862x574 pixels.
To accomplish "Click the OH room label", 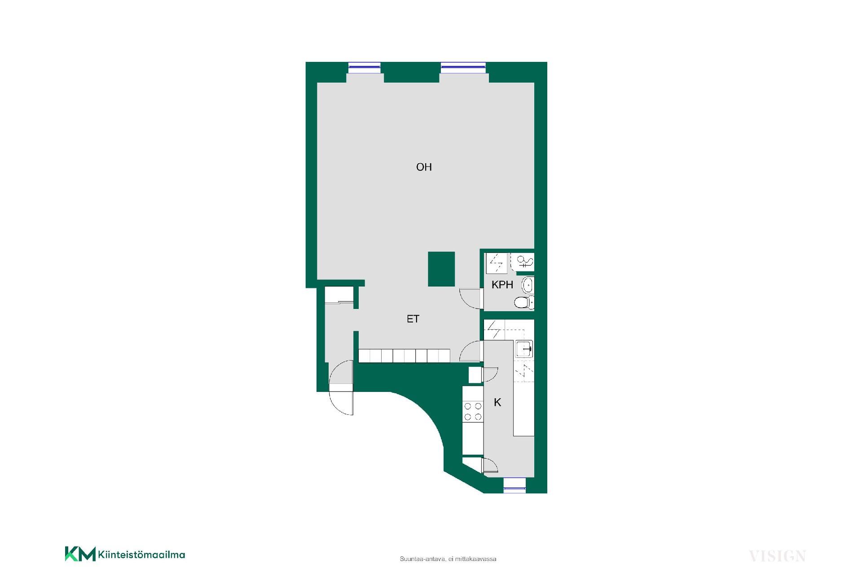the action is (424, 167).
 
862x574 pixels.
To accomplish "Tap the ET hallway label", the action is (413, 319).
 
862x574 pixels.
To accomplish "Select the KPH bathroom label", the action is (502, 285).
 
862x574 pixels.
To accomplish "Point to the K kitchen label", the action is (497, 403).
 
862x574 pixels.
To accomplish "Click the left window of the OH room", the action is (365, 67).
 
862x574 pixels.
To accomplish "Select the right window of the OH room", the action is (463, 67).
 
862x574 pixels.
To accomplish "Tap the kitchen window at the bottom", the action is (515, 485).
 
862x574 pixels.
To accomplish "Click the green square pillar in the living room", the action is (441, 269).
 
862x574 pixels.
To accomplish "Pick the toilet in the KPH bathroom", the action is (524, 303).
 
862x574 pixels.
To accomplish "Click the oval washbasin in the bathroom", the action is (528, 285).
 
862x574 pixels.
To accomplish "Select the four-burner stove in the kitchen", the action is (473, 412).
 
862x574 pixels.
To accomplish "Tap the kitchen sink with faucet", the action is (524, 348).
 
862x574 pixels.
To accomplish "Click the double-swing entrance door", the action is (341, 388).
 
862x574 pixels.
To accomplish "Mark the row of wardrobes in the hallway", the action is (404, 356).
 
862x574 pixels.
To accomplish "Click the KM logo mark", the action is (80, 554).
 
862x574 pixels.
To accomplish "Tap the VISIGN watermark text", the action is (778, 556).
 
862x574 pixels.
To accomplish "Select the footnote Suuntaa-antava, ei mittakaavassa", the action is (448, 559).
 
